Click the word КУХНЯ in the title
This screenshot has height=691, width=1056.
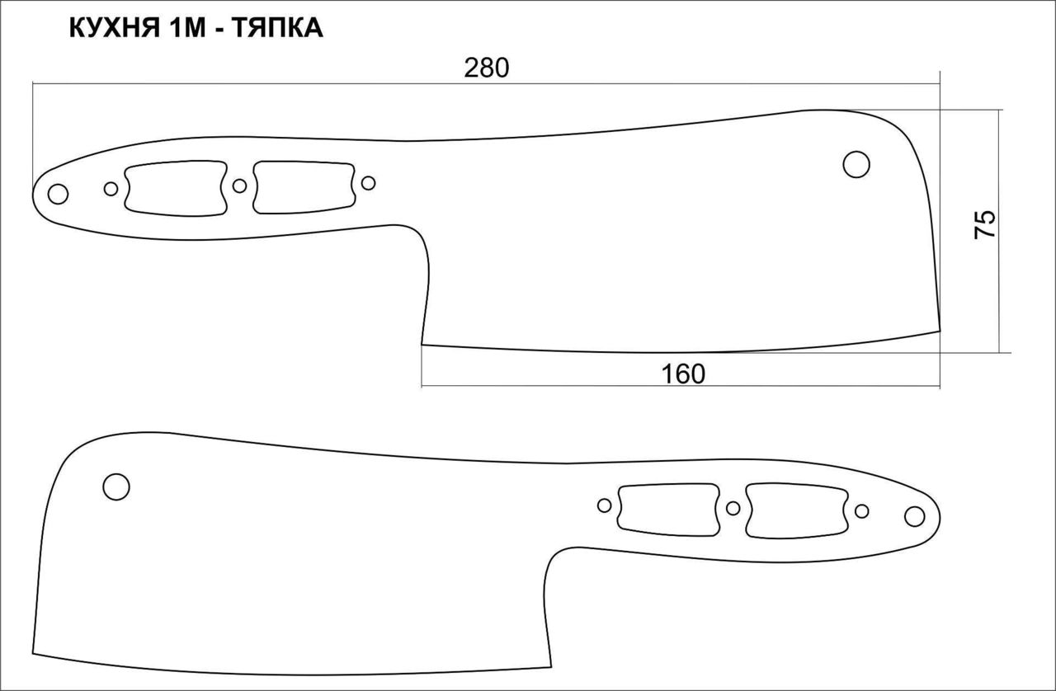point(114,28)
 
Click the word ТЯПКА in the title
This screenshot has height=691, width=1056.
point(278,28)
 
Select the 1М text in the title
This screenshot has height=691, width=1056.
point(186,28)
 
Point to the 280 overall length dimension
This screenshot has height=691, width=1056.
point(487,68)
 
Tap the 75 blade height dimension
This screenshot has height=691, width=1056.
point(984,224)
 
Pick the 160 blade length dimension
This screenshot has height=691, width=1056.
point(683,374)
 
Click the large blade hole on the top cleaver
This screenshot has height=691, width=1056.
point(856,164)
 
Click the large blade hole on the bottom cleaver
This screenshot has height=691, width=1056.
point(116,487)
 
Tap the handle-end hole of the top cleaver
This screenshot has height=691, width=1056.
point(58,195)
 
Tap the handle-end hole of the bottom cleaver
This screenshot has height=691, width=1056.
point(915,516)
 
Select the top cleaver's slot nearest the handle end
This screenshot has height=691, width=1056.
point(176,189)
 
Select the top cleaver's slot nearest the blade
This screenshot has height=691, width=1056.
point(304,187)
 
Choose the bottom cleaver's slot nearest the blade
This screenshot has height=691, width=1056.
point(669,510)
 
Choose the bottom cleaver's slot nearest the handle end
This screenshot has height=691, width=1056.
point(797,511)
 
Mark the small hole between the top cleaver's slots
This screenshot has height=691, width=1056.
point(240,186)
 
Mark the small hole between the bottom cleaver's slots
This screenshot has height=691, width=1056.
point(733,508)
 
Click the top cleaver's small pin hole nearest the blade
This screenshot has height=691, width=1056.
point(368,183)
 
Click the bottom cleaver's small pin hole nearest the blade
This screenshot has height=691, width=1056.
point(605,505)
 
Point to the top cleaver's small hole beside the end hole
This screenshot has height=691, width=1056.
point(111,189)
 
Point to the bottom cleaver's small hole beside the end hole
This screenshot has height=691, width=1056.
point(862,511)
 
